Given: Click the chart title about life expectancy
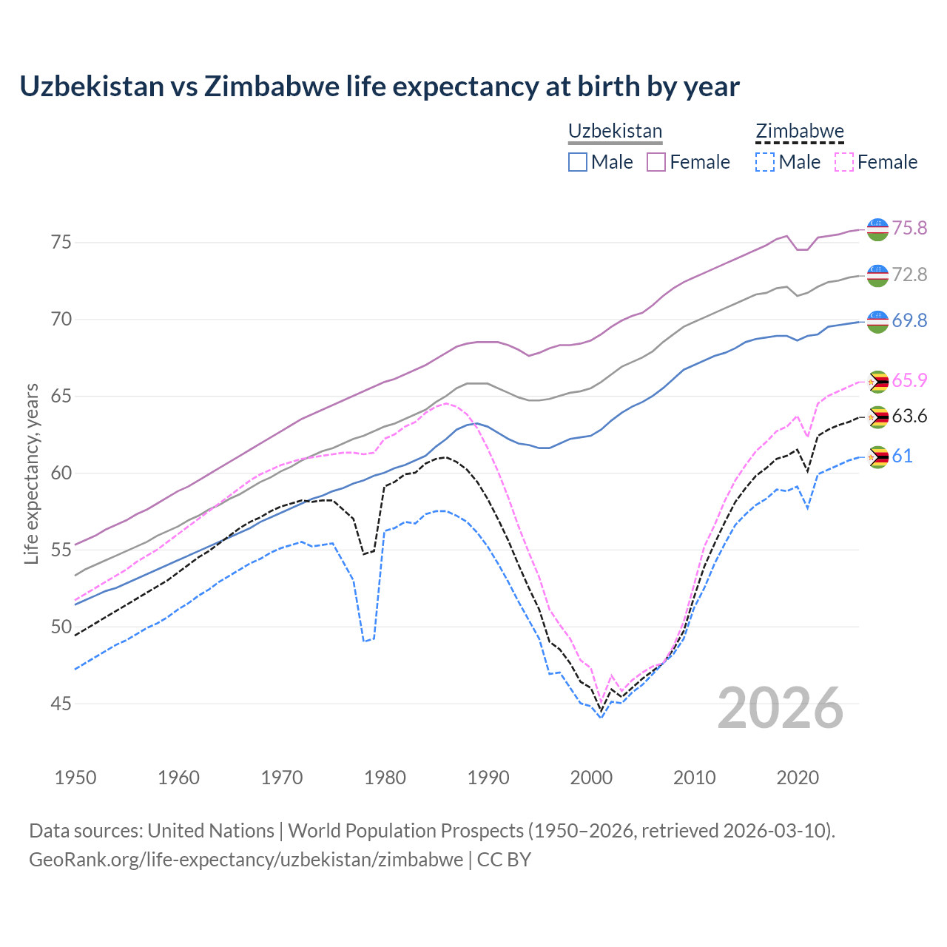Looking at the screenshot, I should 379,87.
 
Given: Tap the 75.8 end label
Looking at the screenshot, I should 909,228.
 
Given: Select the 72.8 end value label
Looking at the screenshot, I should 909,274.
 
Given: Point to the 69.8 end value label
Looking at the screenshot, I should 909,320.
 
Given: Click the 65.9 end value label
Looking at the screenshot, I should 909,380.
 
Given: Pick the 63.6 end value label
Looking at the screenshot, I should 909,416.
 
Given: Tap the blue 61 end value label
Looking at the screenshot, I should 902,456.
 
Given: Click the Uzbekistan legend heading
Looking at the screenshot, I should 615,131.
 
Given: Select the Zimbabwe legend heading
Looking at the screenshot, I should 799,131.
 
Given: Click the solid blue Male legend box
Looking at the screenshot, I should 578,162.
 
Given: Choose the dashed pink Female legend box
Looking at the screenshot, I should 844,162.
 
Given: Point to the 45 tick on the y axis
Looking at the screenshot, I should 61,704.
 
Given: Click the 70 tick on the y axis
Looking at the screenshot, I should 61,320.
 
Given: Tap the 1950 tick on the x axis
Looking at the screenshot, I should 75,778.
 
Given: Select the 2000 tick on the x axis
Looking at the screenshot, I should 591,778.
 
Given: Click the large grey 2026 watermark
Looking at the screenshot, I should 781,708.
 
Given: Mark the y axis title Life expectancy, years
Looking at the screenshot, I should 31,473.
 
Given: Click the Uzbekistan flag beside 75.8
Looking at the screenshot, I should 877,229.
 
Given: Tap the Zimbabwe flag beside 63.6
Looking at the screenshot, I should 877,417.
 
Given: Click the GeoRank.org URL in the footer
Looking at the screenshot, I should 246,859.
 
